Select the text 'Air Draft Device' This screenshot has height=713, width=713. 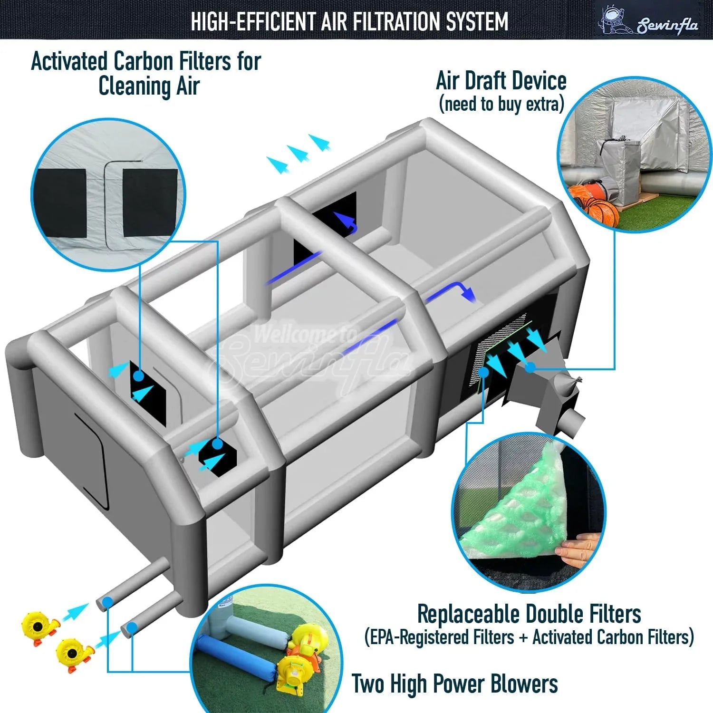tap(501, 81)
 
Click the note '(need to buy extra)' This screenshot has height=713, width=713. tap(501, 104)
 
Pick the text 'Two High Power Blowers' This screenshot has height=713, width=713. tap(455, 684)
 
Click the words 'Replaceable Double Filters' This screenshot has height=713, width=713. tap(529, 614)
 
